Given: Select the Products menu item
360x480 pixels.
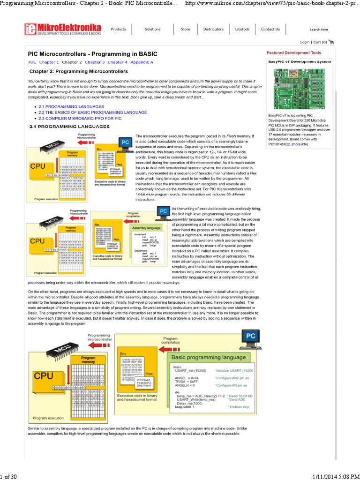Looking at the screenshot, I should tap(118, 29).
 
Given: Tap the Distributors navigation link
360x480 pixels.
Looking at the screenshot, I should tap(213, 29).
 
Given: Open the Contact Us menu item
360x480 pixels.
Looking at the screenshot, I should tap(270, 29).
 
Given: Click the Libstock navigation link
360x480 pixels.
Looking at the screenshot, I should tap(242, 29).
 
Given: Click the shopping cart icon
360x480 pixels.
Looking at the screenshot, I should tap(331, 42).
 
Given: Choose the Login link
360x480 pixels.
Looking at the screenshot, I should tap(305, 42).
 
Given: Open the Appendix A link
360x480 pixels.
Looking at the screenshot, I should tap(142, 62).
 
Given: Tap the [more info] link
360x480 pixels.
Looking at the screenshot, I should tap(300, 144).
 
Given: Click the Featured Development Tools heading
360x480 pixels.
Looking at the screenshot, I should tap(294, 53).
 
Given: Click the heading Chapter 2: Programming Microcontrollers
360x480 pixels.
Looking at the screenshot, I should tap(79, 72).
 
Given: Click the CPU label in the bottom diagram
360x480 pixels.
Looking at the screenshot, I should tap(44, 375).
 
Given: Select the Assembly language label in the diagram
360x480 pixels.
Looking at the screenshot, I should tap(148, 227).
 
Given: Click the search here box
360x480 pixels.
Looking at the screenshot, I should tap(319, 30).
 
